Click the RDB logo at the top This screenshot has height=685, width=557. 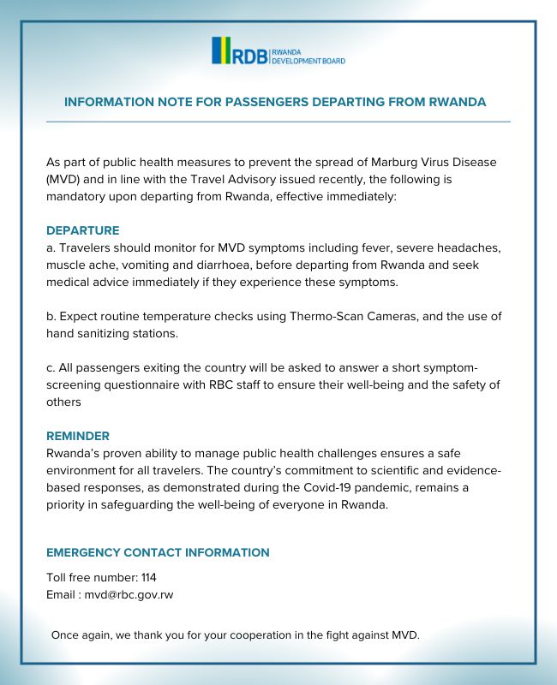[x=278, y=51]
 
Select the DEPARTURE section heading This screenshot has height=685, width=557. [x=82, y=230]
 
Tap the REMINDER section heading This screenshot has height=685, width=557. [x=78, y=436]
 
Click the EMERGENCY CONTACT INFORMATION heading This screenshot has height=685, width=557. [x=158, y=552]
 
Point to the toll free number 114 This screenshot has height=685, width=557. [x=148, y=577]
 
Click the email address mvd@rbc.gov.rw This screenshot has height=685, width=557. [x=129, y=594]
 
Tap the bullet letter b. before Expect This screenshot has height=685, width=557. [x=51, y=316]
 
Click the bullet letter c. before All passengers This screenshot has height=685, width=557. [x=51, y=367]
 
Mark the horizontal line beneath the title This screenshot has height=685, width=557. [x=278, y=122]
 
